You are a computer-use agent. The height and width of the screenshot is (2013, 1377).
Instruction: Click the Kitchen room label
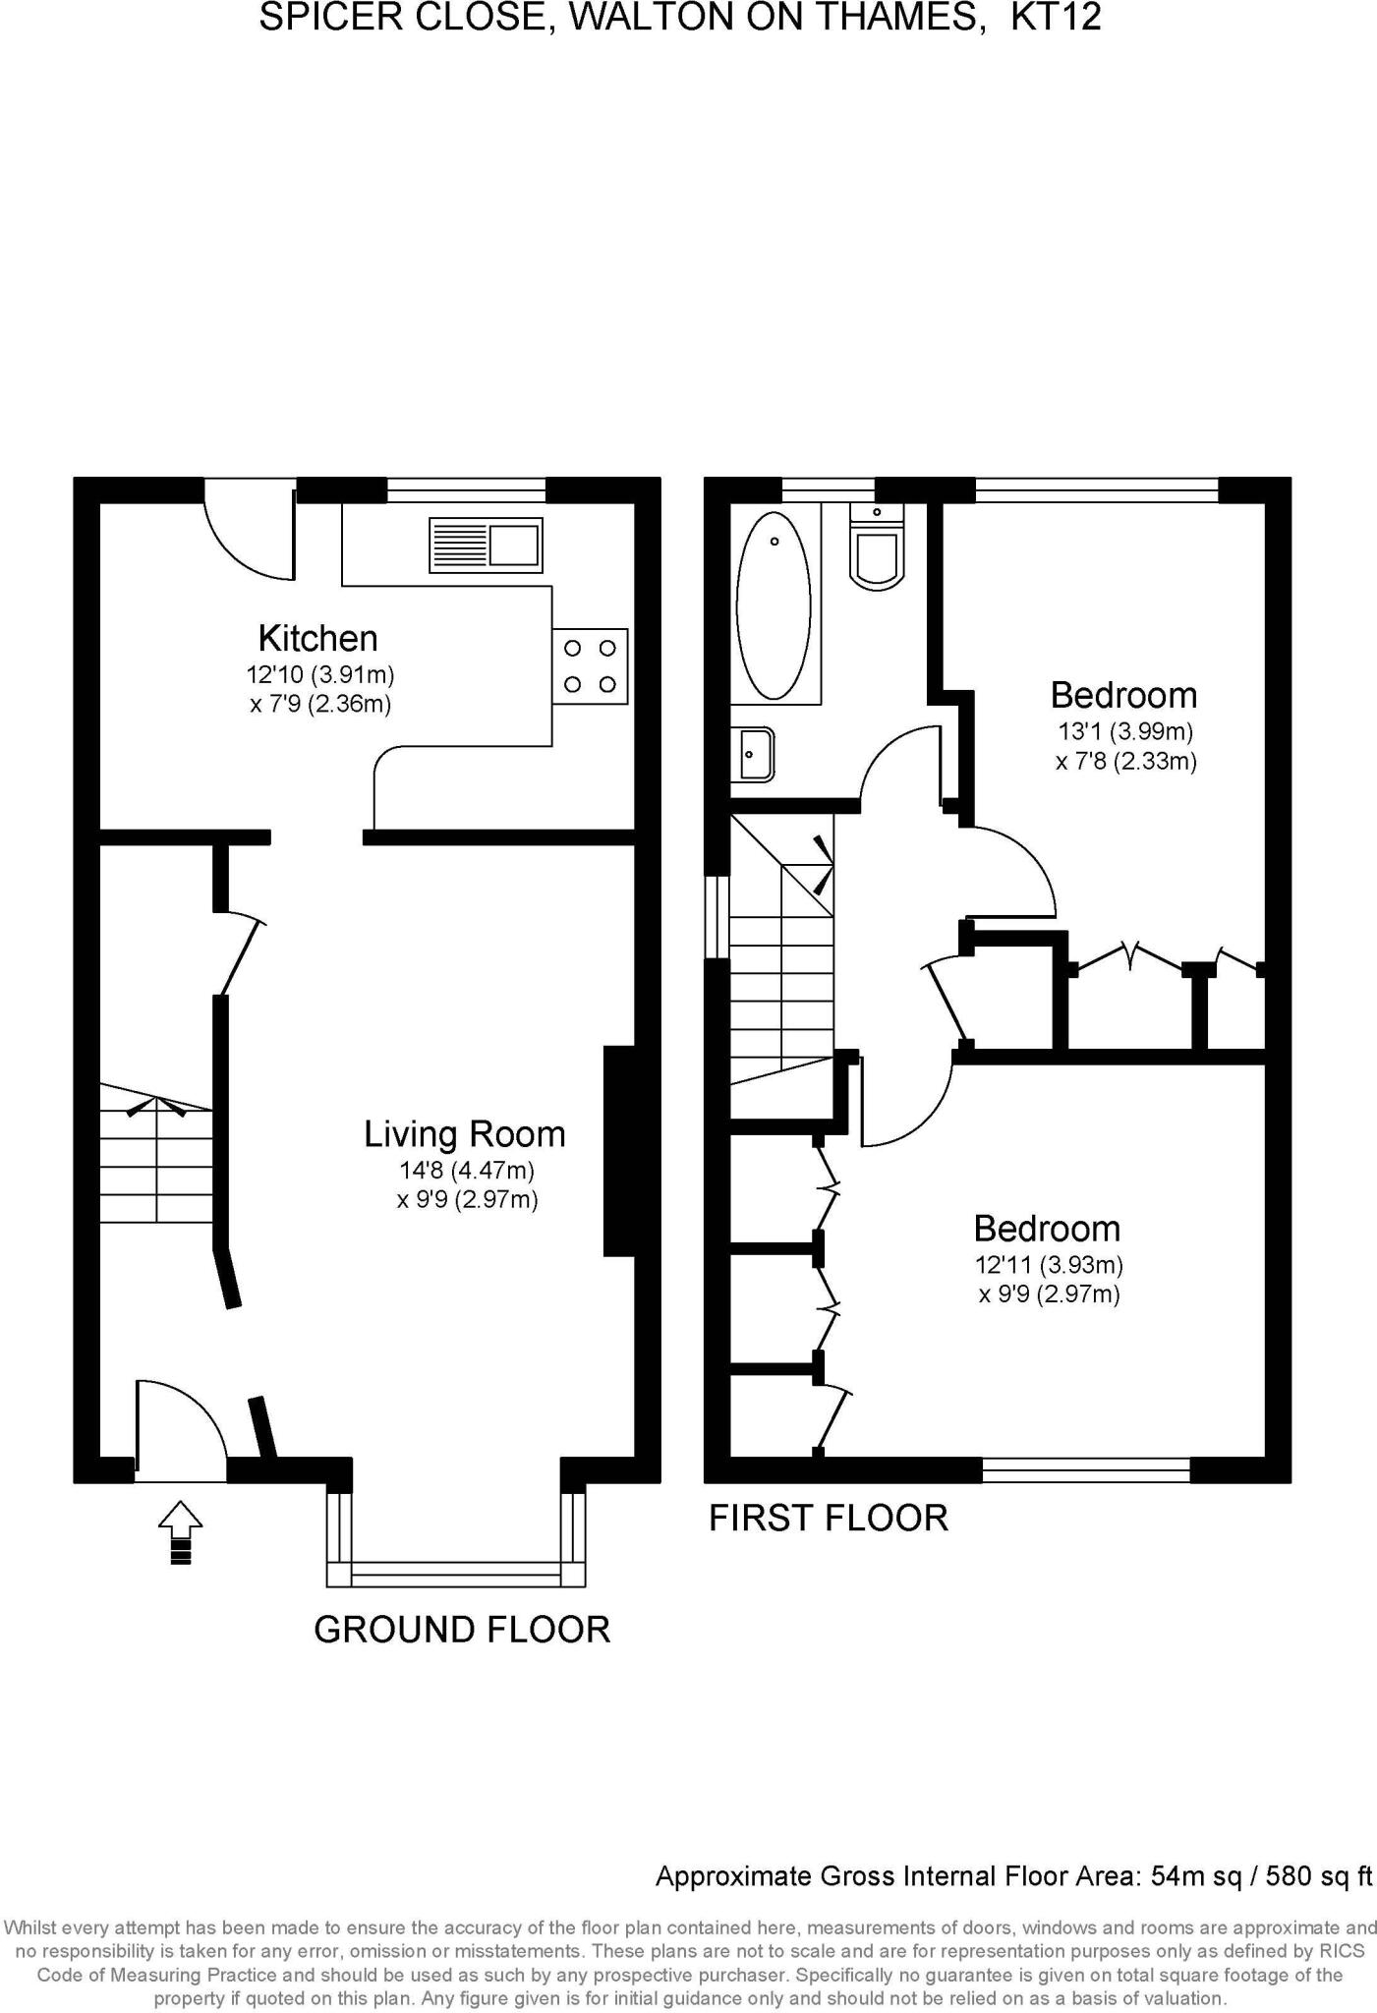pos(317,639)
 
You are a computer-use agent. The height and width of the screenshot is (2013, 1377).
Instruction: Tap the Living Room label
pos(464,1134)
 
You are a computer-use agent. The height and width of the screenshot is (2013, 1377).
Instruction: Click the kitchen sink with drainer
pos(486,545)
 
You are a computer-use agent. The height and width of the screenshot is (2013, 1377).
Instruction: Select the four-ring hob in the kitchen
pos(590,665)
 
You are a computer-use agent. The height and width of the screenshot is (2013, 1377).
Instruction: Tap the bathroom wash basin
pos(754,754)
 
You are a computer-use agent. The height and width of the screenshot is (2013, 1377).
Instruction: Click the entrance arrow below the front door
pos(180,1531)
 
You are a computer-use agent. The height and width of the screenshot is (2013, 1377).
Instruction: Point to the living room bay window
pos(456,1574)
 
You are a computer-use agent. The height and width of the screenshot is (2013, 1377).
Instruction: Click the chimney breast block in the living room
pos(618,1151)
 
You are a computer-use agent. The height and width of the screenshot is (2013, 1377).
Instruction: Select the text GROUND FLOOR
pos(462,1630)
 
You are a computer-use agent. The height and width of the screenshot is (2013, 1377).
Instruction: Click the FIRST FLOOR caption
pos(829,1519)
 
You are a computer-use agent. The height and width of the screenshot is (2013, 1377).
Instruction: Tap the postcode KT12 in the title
pos(1056,18)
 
